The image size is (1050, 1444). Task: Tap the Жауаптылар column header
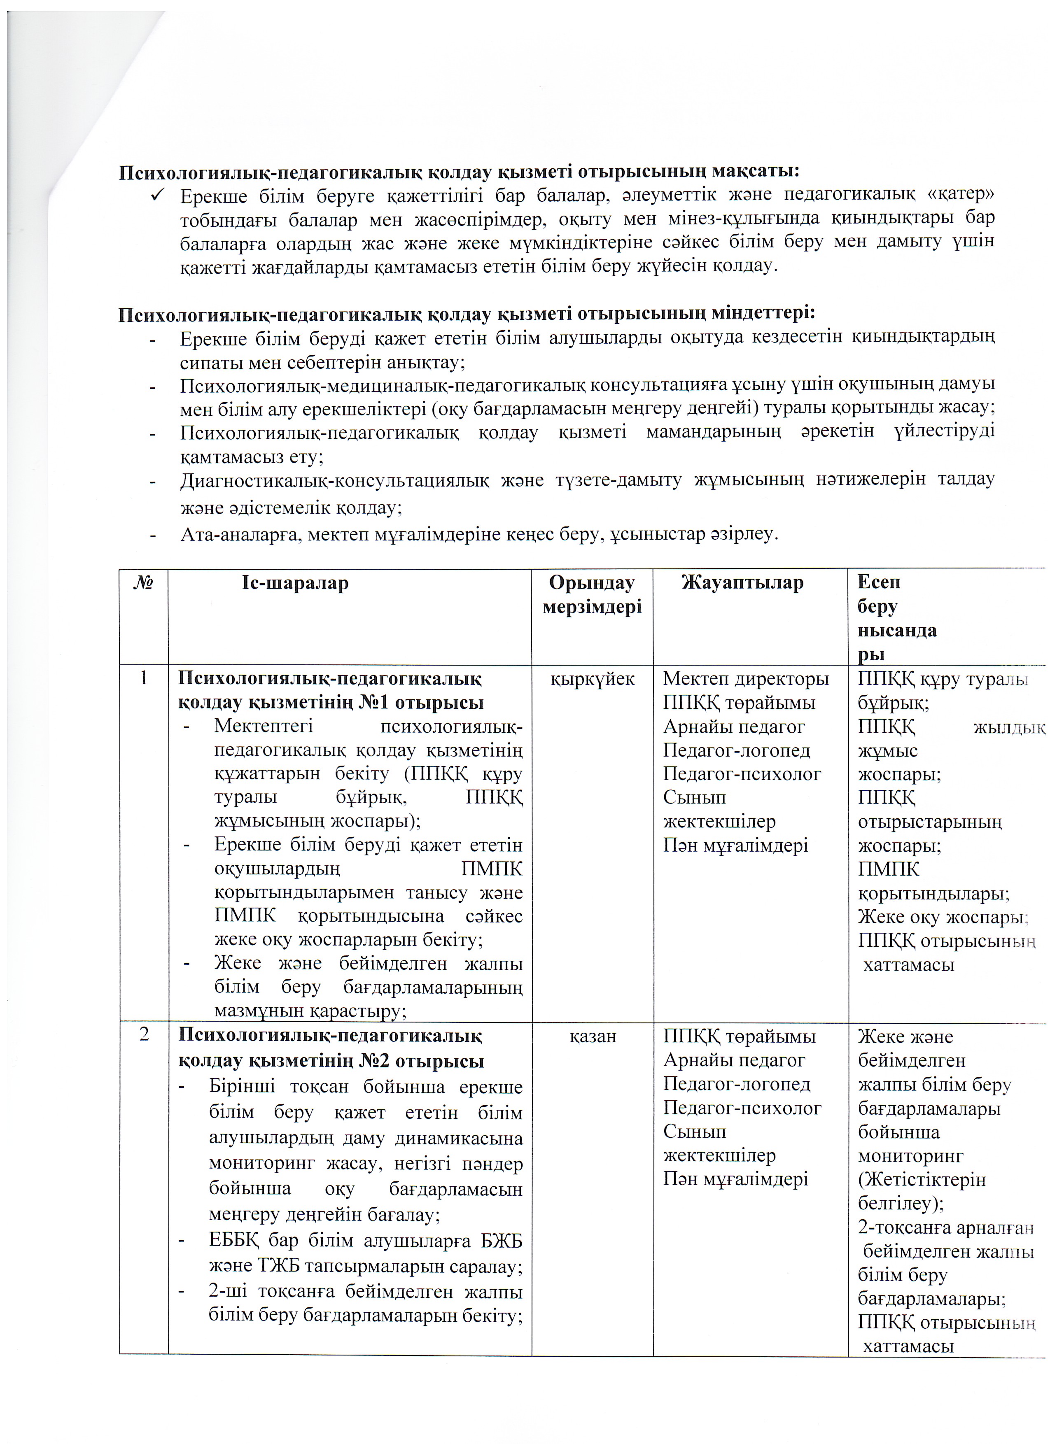[x=742, y=582]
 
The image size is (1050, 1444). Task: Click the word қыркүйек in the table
[x=592, y=679]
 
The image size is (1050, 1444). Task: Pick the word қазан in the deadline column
[x=592, y=1036]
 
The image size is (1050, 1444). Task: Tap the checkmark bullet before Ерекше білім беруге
[x=159, y=195]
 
